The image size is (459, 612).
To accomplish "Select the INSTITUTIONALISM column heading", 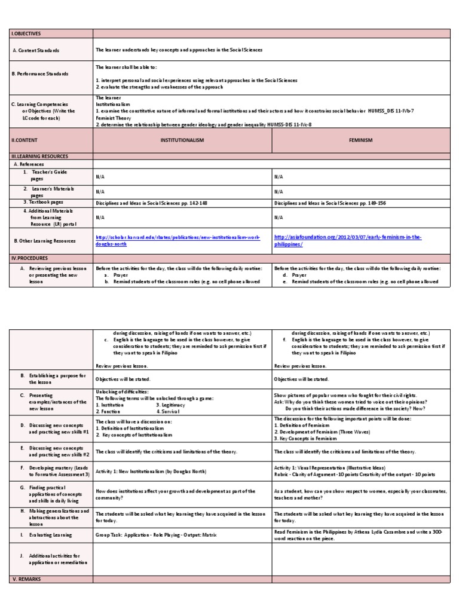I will pyautogui.click(x=182, y=140).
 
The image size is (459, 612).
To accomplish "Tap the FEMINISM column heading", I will pyautogui.click(x=360, y=140).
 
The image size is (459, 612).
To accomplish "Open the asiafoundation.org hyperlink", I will pyautogui.click(x=347, y=241).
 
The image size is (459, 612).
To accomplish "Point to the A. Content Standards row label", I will pyautogui.click(x=36, y=51).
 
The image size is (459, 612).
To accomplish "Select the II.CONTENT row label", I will pyautogui.click(x=25, y=140).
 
